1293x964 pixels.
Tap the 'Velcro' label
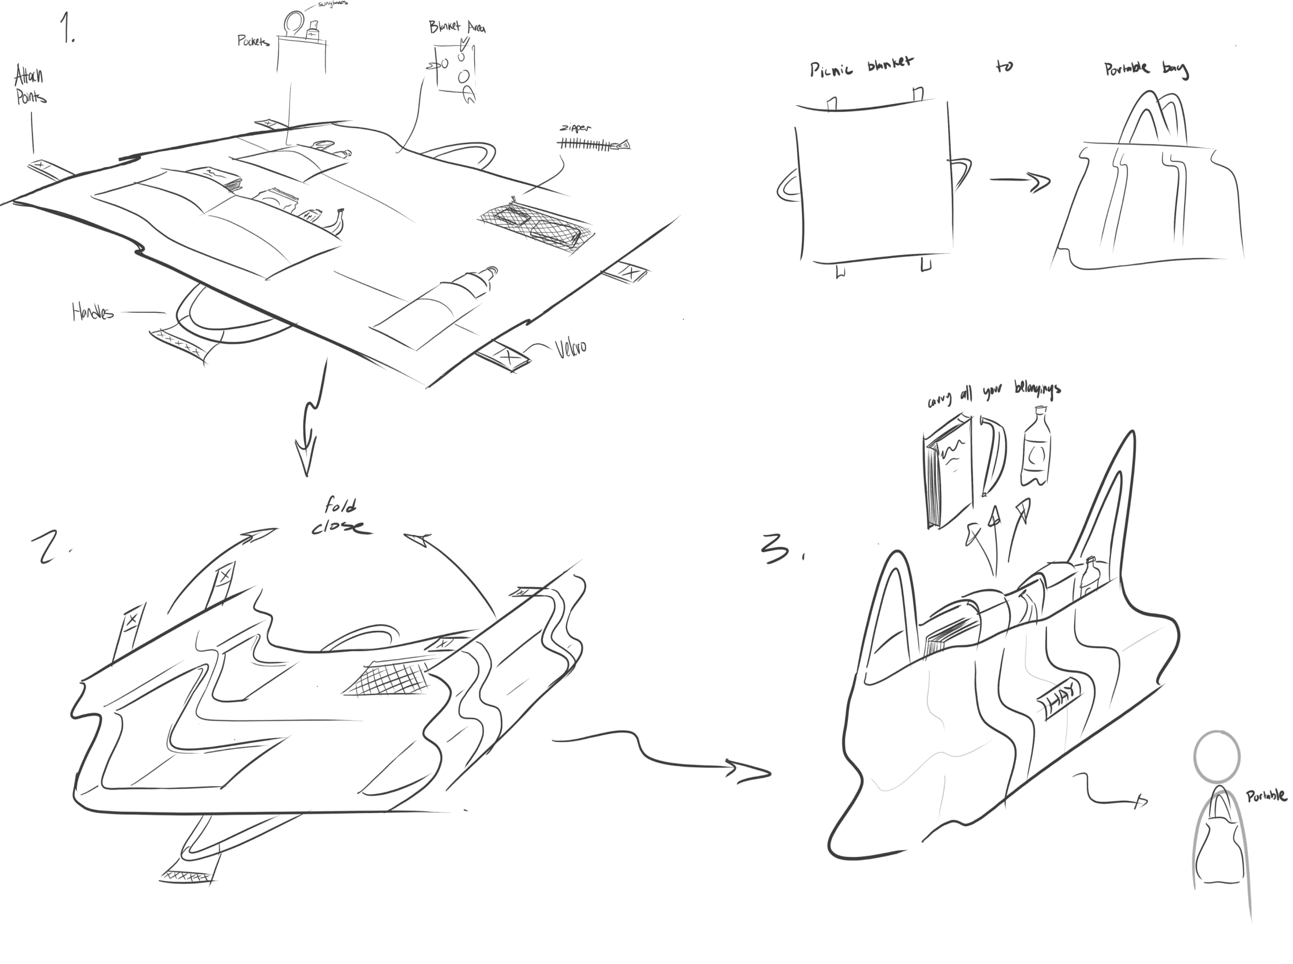pos(570,348)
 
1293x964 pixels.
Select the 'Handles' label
pos(92,312)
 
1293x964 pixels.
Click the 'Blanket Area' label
pos(457,27)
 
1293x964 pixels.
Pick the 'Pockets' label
pos(253,41)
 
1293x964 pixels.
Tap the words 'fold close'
pos(341,516)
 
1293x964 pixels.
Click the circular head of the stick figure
pos(1217,756)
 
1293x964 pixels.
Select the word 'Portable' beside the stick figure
pos(1266,796)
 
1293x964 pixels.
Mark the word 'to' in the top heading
pos(1004,67)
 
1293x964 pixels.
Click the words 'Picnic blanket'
pos(861,67)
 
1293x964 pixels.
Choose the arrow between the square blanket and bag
pos(1019,181)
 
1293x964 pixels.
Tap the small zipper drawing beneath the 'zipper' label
pos(592,144)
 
